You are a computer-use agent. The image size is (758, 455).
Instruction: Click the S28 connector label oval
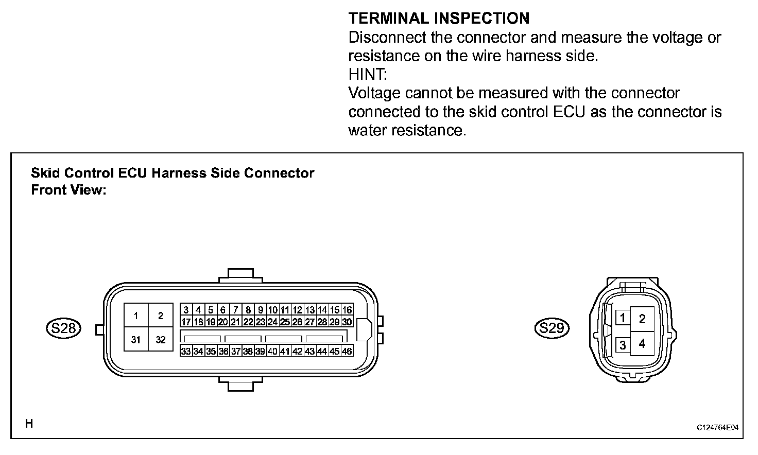coord(63,328)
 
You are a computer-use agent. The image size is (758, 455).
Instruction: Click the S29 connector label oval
coord(552,328)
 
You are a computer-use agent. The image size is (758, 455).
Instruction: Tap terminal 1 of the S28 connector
coord(136,316)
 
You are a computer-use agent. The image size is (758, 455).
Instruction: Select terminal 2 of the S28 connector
coord(161,316)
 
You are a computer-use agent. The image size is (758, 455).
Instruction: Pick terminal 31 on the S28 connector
coord(136,340)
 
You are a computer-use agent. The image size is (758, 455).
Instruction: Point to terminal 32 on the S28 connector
coord(161,340)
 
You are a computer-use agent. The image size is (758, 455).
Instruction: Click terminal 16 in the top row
coord(347,310)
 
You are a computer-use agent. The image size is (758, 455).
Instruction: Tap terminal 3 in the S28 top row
coord(186,310)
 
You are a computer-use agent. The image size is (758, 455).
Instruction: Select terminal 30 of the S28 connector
coord(347,322)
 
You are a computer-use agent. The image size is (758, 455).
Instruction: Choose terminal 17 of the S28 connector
coord(186,322)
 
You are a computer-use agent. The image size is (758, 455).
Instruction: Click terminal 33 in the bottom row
coord(186,352)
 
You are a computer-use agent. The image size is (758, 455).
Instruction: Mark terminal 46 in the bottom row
coord(347,352)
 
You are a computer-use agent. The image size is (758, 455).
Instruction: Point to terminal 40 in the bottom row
coord(272,352)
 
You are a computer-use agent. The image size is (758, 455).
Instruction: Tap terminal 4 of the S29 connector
coord(642,343)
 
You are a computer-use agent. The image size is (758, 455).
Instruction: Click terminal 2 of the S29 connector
coord(642,319)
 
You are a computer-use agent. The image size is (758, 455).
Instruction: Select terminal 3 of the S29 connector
coord(623,344)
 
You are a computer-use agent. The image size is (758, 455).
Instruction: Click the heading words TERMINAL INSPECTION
coord(439,19)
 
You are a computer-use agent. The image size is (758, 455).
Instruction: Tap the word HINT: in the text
coord(367,74)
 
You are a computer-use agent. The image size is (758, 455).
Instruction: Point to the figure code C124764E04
coord(718,428)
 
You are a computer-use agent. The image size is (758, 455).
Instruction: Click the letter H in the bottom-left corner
coord(29,424)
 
